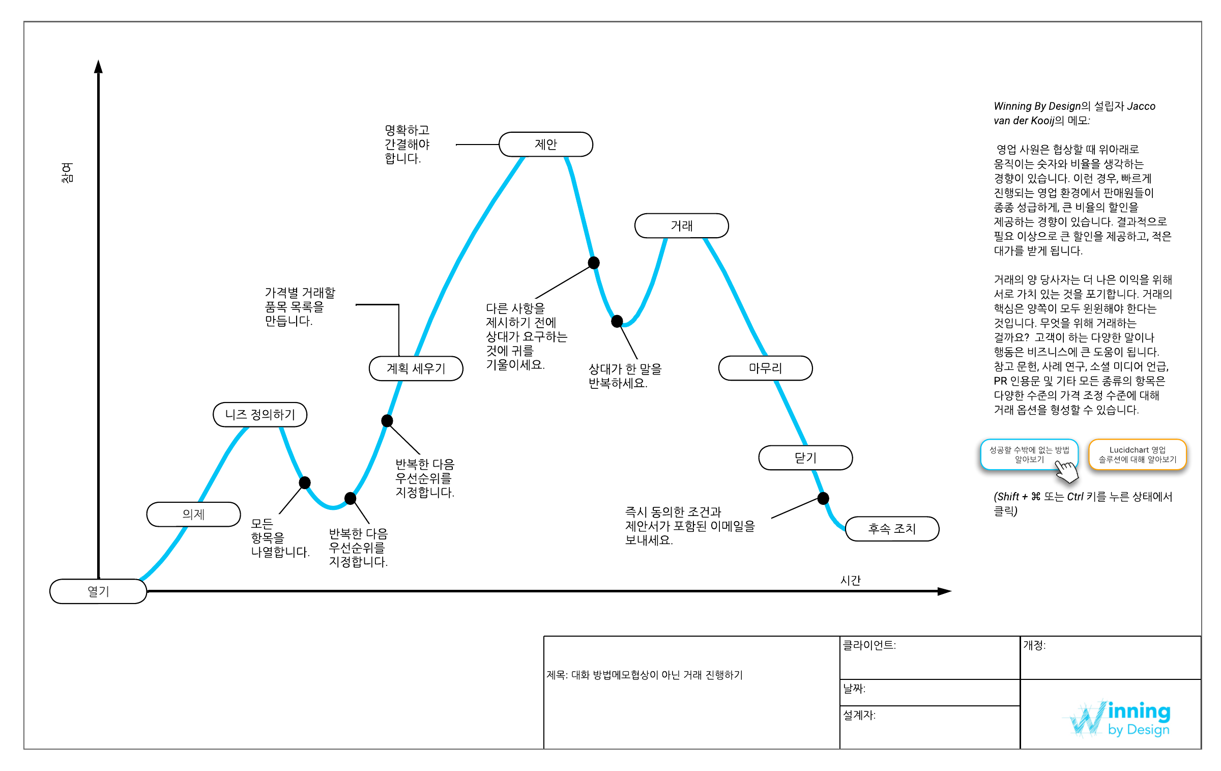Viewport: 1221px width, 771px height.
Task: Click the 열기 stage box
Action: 98,591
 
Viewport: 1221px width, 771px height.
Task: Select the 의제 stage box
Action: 193,515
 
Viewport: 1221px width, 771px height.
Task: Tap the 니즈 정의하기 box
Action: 260,415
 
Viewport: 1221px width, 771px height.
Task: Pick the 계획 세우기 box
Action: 416,368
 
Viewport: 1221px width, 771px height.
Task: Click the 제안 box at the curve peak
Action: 546,145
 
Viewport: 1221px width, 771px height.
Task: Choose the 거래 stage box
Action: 681,226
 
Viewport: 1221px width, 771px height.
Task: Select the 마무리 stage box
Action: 765,368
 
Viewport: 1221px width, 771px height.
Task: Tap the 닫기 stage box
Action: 805,458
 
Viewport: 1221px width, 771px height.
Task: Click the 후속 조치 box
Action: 892,529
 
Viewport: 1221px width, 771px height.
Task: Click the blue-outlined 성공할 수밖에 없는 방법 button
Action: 1029,454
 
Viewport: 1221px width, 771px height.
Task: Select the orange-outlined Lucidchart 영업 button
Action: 1137,454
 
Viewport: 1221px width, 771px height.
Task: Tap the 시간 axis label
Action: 850,580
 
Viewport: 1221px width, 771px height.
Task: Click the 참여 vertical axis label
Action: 67,173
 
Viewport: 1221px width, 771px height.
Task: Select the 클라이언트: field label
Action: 869,645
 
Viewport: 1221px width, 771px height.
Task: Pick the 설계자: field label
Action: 859,715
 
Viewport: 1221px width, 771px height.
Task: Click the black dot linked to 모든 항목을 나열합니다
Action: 305,482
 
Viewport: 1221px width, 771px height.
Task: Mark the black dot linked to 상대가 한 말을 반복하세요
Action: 617,321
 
